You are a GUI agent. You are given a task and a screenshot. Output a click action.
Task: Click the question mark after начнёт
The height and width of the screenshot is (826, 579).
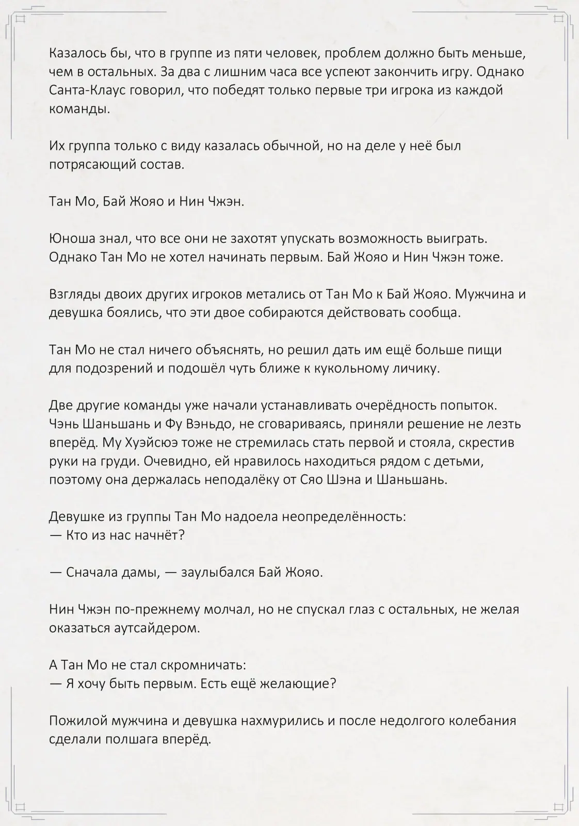[181, 535]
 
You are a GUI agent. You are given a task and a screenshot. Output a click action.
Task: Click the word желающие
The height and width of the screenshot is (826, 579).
[301, 684]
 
